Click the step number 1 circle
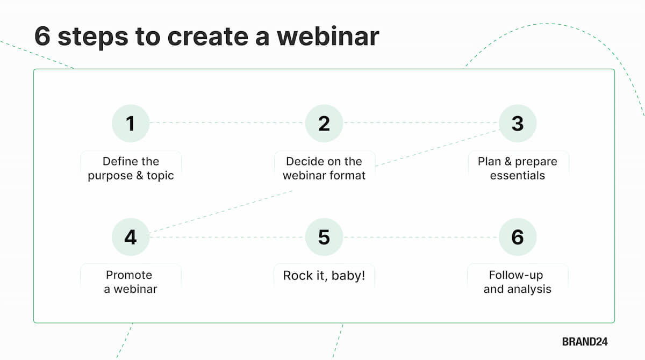[x=130, y=123]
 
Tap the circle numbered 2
[x=324, y=123]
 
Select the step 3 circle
[x=517, y=123]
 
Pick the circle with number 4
[x=130, y=237]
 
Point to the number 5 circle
[x=324, y=237]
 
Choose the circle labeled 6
[x=517, y=237]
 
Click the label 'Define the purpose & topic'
[x=131, y=168]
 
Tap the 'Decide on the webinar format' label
[x=324, y=168]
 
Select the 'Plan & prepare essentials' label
[x=517, y=168]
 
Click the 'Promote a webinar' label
[x=131, y=282]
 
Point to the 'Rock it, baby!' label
[x=324, y=276]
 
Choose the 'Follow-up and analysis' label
[x=517, y=282]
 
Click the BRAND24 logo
[x=585, y=342]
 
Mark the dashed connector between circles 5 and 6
[x=420, y=237]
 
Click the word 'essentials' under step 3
[x=517, y=175]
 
